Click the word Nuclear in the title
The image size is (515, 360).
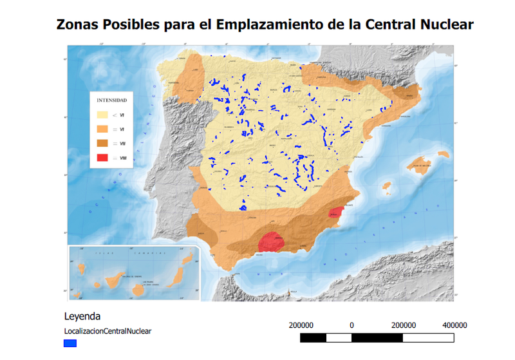coord(443,24)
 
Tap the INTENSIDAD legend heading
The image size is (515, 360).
coord(111,101)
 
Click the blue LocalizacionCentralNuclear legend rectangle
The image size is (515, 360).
coord(70,343)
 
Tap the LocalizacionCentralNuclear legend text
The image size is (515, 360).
coord(108,331)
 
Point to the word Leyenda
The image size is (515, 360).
coord(82,317)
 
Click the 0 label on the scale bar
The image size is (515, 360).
coord(351,325)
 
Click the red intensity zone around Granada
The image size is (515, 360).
coord(271,242)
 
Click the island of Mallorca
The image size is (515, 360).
coord(422,164)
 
